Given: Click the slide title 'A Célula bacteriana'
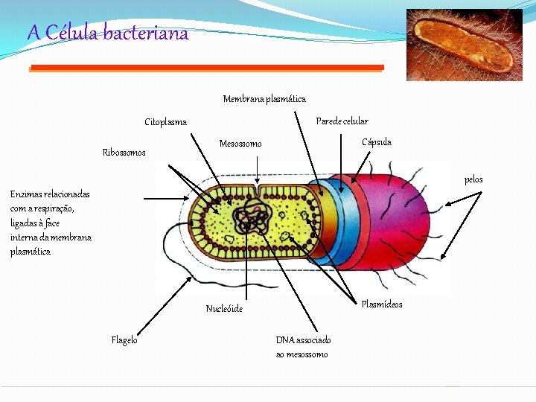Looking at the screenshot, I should (108, 33).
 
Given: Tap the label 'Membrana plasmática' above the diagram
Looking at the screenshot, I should (264, 99).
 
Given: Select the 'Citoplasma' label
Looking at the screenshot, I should (165, 122).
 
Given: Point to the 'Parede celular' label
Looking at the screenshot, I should (342, 121).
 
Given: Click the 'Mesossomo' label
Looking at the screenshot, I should (240, 144).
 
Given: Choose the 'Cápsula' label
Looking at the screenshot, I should (376, 142).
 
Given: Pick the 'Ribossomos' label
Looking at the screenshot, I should (124, 153).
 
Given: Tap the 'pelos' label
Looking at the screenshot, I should (473, 179).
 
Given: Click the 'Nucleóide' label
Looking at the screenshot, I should (224, 309).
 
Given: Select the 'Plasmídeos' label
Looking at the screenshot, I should (381, 304).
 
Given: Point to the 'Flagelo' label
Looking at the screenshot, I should (124, 340).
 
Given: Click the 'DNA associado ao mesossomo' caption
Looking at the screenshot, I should (303, 347).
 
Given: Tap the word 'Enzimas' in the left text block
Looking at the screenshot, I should (27, 194).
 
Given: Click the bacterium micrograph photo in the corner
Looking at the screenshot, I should (464, 44).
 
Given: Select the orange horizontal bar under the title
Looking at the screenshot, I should (206, 68).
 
